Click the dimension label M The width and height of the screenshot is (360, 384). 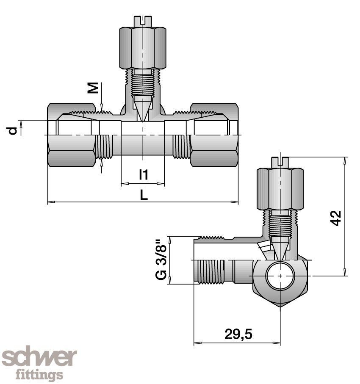(94, 88)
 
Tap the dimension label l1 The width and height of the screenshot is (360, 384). (144, 174)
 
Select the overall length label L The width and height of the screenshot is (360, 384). (144, 195)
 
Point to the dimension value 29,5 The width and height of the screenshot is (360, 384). (238, 334)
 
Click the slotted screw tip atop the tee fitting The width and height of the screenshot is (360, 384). (143, 20)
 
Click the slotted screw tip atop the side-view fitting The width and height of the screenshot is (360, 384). (280, 161)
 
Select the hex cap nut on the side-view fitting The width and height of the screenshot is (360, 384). (280, 188)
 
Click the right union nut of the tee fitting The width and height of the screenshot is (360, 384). (214, 135)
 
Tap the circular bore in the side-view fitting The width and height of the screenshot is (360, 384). (280, 276)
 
